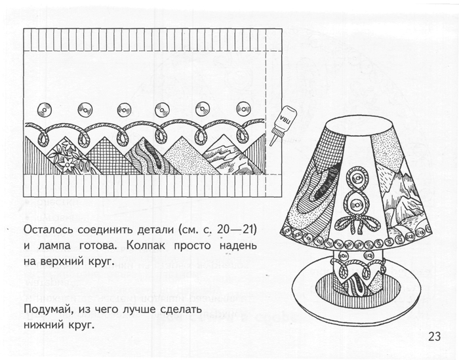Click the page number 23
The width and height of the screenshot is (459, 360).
click(x=434, y=336)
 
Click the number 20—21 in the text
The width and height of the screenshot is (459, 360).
click(x=237, y=230)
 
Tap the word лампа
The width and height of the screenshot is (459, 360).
click(x=54, y=246)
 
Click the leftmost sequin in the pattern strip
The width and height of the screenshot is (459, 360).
click(x=45, y=110)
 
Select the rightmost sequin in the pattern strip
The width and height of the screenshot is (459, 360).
click(x=243, y=109)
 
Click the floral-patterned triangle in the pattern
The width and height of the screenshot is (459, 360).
click(x=68, y=158)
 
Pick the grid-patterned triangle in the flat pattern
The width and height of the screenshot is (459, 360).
click(x=106, y=158)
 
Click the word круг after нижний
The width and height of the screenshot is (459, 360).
click(x=82, y=325)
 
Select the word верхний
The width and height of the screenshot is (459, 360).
click(x=60, y=262)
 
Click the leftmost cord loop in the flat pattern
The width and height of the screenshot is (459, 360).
click(x=44, y=138)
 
